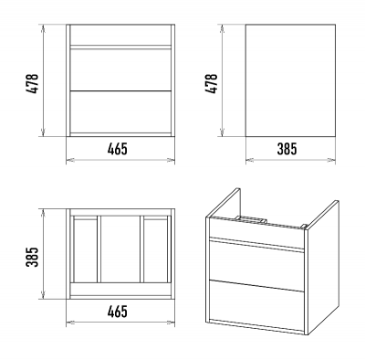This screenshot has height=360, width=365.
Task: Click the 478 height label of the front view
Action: coord(33,83)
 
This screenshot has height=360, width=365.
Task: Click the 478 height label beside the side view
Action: coord(211,83)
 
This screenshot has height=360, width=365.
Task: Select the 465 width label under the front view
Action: coord(118,149)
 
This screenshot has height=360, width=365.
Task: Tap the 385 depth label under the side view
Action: coord(287,149)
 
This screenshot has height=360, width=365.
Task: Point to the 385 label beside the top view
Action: coord(33,257)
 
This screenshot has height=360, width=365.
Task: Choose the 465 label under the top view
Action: coord(118,312)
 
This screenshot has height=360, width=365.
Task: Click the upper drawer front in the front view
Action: coord(120,69)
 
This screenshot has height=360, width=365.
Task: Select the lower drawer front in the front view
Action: coord(120,111)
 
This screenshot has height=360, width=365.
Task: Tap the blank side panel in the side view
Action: coord(290,80)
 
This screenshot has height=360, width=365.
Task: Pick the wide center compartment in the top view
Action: coord(120,249)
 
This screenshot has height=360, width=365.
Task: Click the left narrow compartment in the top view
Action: coord(86,250)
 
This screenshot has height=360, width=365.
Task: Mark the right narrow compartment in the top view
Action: coord(155,250)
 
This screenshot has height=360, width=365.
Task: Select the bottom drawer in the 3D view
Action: coord(256,305)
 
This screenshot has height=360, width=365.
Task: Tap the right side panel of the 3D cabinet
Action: coord(323,268)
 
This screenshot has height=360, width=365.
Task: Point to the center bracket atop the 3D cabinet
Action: coord(250,219)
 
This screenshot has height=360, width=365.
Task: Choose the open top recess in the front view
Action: coord(120,35)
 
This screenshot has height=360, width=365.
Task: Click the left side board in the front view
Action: coord(68,80)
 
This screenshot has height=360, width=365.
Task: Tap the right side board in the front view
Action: coord(172,80)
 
